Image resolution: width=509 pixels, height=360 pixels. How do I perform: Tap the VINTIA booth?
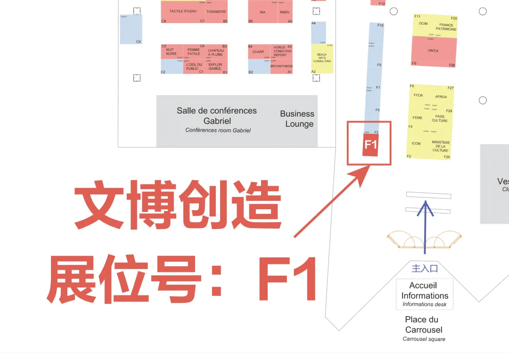click(433, 51)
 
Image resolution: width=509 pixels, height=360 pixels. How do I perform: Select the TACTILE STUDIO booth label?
click(183, 11)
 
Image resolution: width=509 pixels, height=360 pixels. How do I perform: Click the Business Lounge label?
click(297, 119)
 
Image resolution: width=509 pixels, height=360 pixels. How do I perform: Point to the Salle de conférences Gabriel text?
click(217, 116)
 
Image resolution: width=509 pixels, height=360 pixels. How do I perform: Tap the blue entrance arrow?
click(426, 226)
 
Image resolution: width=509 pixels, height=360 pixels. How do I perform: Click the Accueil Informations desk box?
click(425, 295)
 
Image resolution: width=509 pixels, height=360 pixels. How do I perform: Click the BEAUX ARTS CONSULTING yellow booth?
click(322, 58)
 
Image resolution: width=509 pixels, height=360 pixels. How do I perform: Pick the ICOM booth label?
click(416, 143)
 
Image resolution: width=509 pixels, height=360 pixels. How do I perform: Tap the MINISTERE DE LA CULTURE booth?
click(441, 146)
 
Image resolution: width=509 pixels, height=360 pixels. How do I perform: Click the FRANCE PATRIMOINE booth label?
click(446, 27)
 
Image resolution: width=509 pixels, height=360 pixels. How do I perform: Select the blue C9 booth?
click(131, 29)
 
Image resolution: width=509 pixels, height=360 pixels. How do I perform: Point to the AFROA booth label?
click(441, 97)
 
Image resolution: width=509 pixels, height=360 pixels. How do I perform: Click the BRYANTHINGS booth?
click(281, 66)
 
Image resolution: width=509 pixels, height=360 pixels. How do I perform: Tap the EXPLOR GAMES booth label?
click(215, 66)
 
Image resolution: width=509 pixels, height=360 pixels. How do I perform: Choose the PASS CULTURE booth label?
click(439, 118)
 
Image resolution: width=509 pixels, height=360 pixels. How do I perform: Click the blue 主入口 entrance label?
click(425, 269)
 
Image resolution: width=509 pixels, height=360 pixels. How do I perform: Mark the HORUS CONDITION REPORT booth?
click(282, 51)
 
